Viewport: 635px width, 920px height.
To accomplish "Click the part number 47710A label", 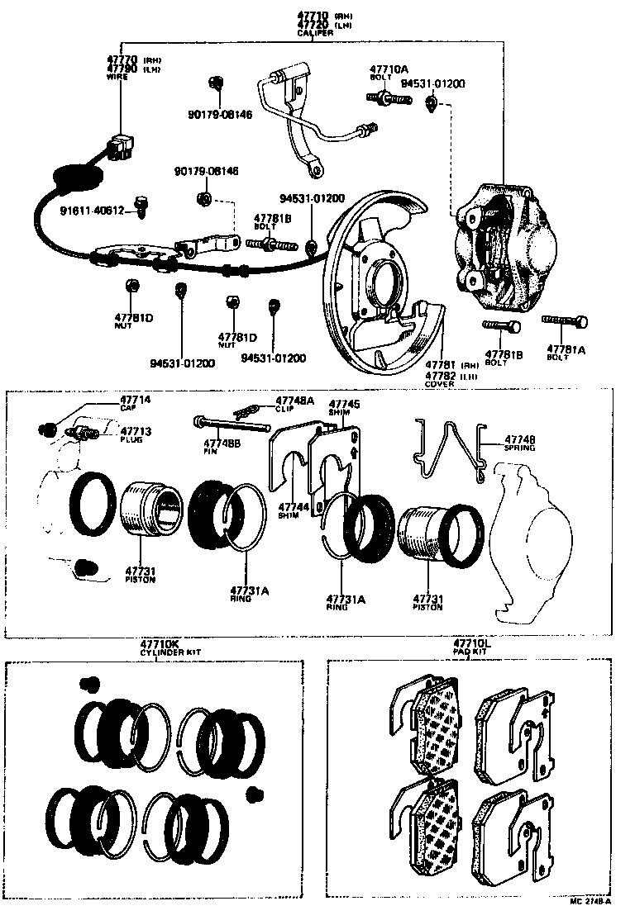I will coord(387,71).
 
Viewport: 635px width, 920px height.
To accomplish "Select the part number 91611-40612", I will coord(92,211).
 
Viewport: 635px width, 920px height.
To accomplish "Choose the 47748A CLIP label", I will coord(294,404).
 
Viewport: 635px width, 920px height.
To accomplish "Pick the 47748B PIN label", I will coord(221,447).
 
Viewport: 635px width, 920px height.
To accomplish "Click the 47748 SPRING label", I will coord(519,443).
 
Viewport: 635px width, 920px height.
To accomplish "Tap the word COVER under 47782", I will coord(439,384).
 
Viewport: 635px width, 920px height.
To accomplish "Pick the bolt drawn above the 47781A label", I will coord(566,321).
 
